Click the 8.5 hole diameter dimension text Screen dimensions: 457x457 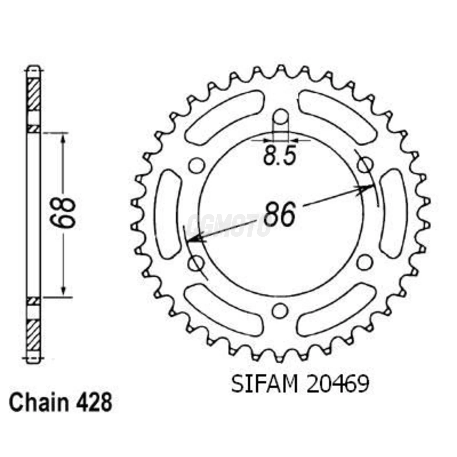[x=279, y=156]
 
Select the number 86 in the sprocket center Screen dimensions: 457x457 [x=279, y=214]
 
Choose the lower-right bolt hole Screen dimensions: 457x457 [x=364, y=262]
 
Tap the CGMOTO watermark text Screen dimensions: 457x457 [x=228, y=225]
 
